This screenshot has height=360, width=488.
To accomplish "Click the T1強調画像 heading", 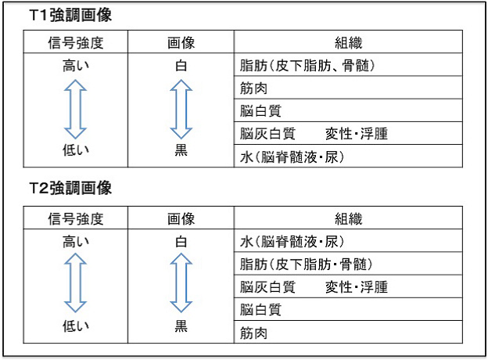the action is tap(70, 15).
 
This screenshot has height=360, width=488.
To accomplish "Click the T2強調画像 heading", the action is tap(70, 188).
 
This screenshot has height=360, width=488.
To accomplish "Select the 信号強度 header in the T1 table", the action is tap(76, 43).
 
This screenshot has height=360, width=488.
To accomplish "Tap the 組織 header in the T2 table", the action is tap(348, 218).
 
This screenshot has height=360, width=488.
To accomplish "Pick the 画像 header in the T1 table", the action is tap(181, 43).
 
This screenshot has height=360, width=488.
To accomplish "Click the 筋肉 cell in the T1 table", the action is tap(253, 88).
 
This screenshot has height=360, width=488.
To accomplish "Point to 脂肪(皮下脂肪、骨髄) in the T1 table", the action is tap(307, 66).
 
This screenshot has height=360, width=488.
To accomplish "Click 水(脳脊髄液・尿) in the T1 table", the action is tap(292, 157).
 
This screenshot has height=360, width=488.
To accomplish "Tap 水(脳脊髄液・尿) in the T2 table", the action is tap(292, 242).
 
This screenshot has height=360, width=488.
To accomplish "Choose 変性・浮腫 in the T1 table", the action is tap(357, 134).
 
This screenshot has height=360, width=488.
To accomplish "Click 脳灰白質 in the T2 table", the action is tap(267, 286).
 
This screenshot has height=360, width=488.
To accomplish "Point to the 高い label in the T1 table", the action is tap(76, 66).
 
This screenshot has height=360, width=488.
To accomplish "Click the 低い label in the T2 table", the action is tap(76, 326).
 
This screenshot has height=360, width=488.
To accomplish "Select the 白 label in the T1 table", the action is tap(181, 66).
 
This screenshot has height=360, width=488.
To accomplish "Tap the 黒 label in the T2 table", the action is tap(181, 326).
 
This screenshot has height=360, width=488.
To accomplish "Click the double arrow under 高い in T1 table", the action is tap(75, 109).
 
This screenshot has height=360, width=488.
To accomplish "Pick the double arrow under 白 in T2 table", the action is tap(181, 283).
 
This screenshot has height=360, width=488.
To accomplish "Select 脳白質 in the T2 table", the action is tap(260, 310).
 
